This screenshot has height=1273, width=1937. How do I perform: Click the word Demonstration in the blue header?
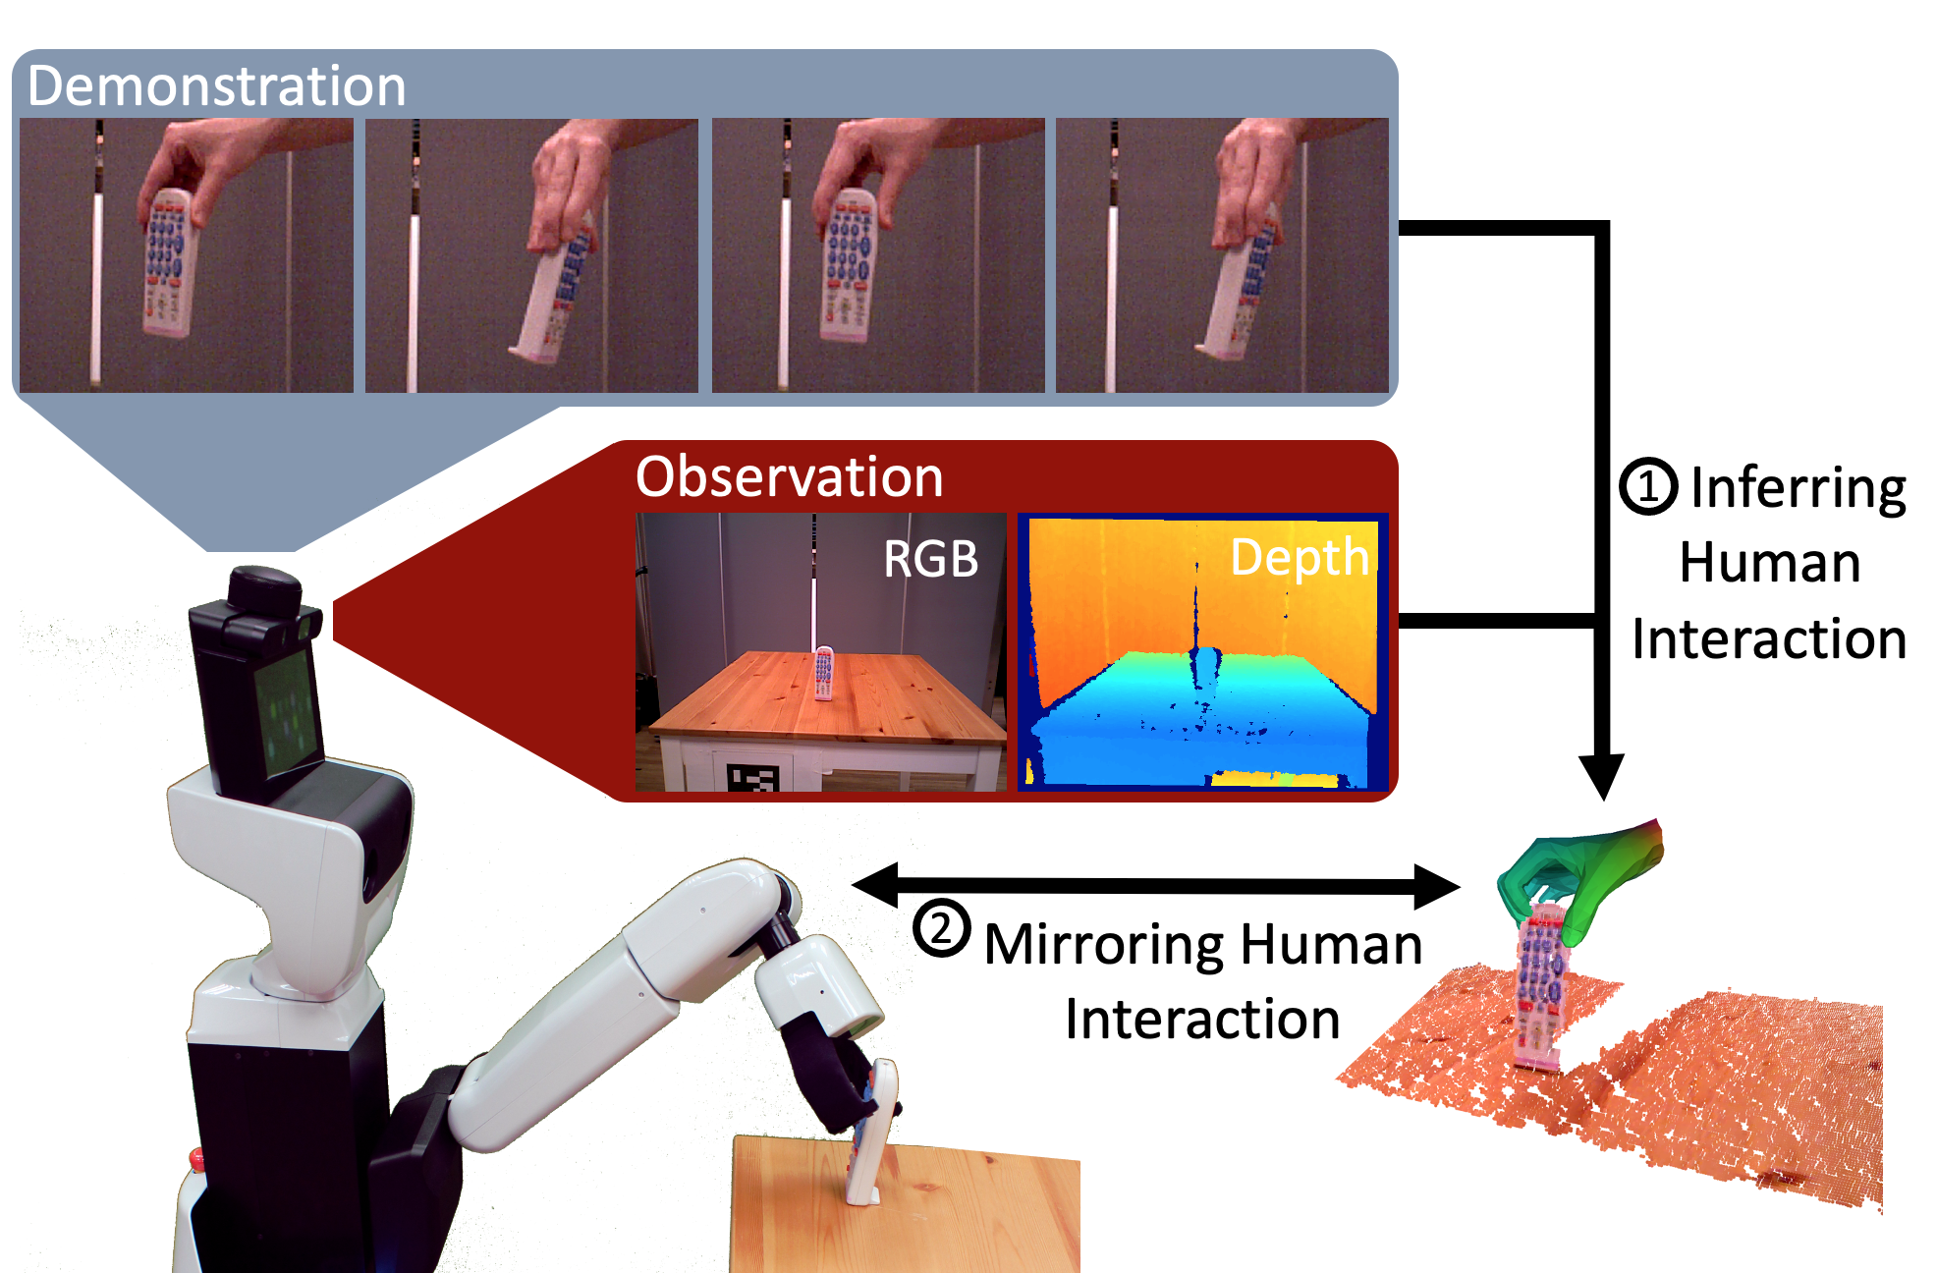tap(217, 85)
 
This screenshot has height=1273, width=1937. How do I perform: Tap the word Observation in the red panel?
tap(789, 477)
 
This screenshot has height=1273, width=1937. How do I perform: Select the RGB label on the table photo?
tap(930, 559)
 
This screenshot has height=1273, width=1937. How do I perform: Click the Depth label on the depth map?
tap(1299, 558)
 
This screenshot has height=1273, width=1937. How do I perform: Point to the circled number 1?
tap(1648, 486)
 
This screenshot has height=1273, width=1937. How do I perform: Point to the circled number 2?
tap(941, 928)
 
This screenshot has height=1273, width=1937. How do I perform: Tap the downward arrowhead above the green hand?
tap(1602, 776)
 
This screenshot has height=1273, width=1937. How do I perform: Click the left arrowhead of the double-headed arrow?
tap(875, 885)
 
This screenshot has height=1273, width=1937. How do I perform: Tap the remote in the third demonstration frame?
tap(847, 266)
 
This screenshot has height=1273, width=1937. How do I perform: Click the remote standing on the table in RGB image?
tap(823, 673)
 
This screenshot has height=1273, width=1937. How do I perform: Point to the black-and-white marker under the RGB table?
tap(752, 777)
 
